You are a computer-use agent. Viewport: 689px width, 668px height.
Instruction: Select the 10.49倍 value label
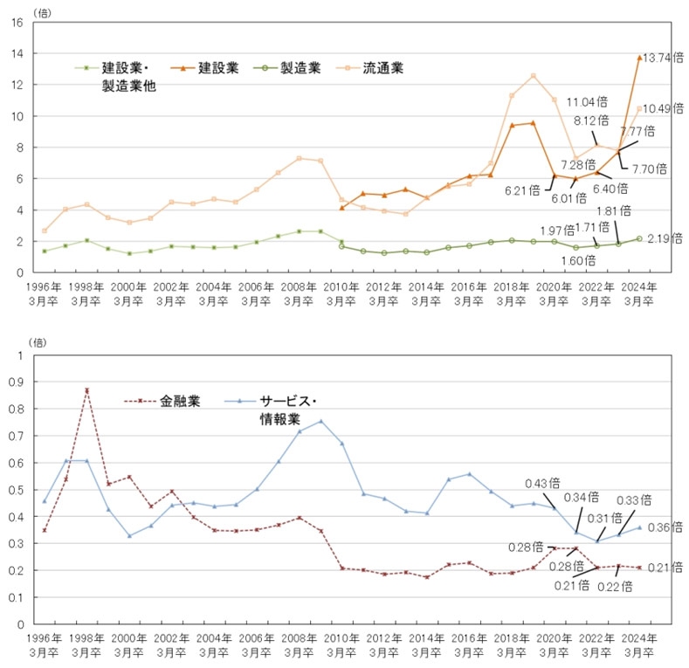coord(664,108)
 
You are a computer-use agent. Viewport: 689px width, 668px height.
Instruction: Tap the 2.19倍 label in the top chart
coord(663,238)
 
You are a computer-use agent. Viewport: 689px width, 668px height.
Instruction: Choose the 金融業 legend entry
coord(180,403)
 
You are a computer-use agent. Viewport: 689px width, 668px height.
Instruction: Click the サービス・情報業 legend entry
coord(288,403)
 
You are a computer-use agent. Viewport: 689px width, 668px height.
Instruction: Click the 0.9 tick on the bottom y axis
coord(16,382)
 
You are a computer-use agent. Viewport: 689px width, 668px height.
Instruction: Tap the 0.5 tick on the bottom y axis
coord(16,490)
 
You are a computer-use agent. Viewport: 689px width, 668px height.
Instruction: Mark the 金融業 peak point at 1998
coord(86,390)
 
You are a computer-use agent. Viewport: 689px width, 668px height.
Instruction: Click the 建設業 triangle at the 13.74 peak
coord(639,58)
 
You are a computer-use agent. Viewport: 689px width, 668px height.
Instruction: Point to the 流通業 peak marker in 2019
coord(533,76)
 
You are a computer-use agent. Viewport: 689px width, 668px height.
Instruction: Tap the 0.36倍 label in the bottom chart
coord(664,527)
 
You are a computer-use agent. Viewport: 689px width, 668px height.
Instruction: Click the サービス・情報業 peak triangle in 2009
coord(320,421)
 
